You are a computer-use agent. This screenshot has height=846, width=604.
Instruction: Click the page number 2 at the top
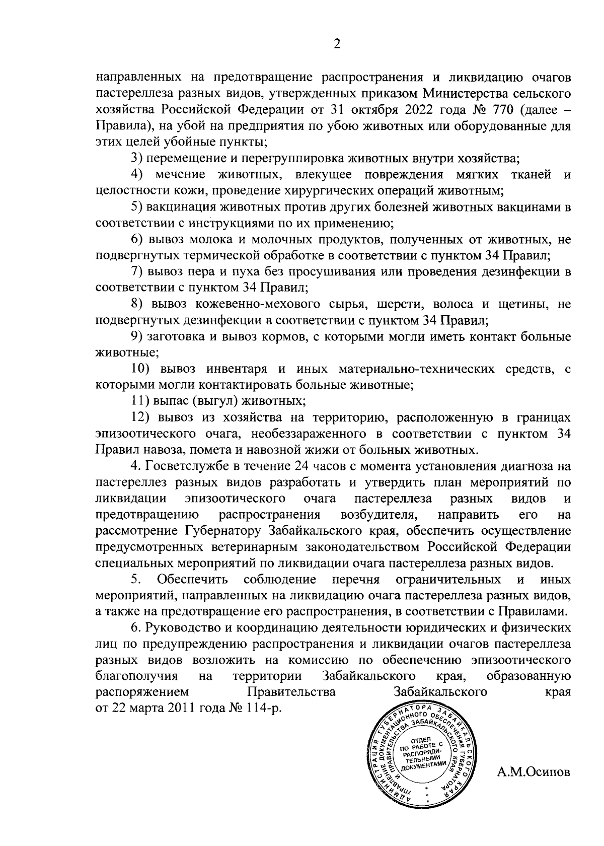click(x=337, y=45)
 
